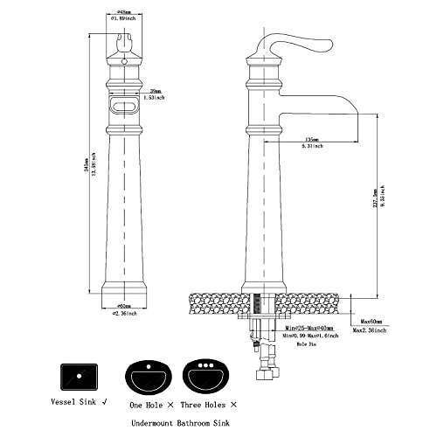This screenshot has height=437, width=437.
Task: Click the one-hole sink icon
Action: pos(149,377)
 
